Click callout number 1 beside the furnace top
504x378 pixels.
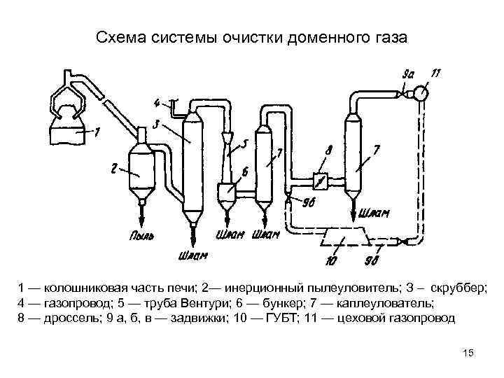point(97,131)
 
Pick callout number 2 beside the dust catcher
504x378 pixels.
point(114,167)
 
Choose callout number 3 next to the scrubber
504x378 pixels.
point(159,124)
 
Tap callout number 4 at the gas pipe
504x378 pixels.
point(157,103)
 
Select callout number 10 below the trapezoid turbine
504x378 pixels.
point(332,260)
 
